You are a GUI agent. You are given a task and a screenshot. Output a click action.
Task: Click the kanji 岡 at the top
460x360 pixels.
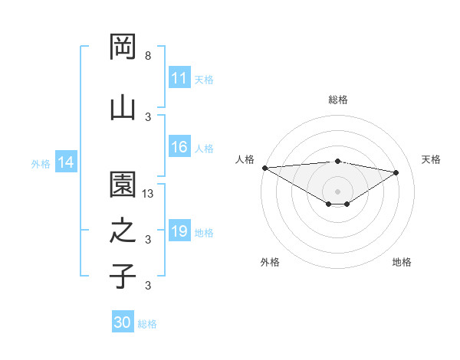pos(123,47)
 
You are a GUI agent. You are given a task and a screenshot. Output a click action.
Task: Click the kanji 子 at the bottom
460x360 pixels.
pos(123,277)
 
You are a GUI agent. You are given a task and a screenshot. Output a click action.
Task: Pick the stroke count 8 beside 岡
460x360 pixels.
pos(148,56)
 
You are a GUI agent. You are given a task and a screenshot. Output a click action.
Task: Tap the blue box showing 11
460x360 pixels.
pos(179,78)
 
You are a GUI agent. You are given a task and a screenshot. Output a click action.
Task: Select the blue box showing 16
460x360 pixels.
pos(179,148)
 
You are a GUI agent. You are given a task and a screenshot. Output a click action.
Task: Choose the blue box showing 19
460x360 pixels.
pos(179,231)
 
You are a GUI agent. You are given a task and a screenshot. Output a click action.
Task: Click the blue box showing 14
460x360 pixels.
pos(65,162)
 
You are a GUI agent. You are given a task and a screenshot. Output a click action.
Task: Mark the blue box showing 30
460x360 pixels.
pos(123,322)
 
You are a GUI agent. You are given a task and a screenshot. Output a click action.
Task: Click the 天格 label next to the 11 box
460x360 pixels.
pos(204,79)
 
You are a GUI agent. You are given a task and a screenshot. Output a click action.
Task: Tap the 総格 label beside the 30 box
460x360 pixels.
pos(147,324)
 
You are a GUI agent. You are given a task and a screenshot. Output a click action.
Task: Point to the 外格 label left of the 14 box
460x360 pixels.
pos(41,163)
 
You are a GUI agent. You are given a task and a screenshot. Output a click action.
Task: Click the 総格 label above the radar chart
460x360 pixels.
pos(338,100)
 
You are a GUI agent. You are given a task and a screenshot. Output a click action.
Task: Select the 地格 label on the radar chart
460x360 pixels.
pos(402,262)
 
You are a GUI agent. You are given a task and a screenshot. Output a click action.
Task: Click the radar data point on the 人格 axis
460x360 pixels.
pos(264,168)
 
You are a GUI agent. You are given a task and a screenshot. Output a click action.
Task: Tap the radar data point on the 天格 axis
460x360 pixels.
pos(396,172)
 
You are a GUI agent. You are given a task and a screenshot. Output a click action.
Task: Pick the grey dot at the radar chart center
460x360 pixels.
pos(337,190)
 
